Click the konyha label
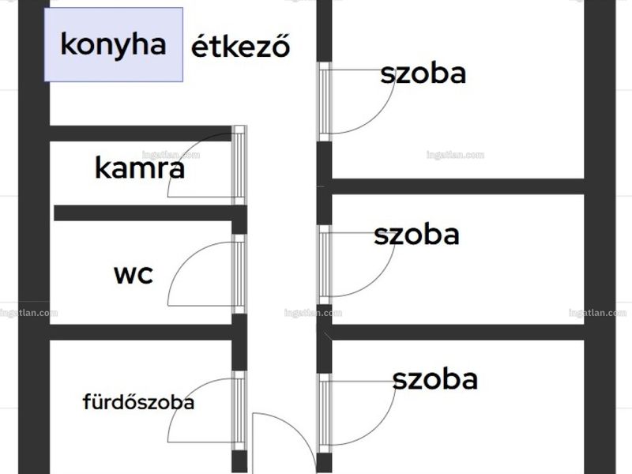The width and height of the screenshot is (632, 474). tap(113, 45)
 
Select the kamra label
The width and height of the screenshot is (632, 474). tap(140, 167)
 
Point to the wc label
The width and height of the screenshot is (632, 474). tap(134, 275)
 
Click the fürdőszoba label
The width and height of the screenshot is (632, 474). tap(138, 402)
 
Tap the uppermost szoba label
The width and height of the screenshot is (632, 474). tap(423, 73)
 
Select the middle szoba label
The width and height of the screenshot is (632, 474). tap(416, 235)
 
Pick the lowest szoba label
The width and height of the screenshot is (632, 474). tap(435, 379)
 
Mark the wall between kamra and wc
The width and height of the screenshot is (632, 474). tap(150, 213)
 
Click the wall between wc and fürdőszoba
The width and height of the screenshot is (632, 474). tap(141, 332)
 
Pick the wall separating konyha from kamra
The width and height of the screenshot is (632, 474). tap(141, 134)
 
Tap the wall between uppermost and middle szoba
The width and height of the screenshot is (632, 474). tap(458, 186)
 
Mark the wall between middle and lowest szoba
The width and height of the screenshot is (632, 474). tap(458, 332)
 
